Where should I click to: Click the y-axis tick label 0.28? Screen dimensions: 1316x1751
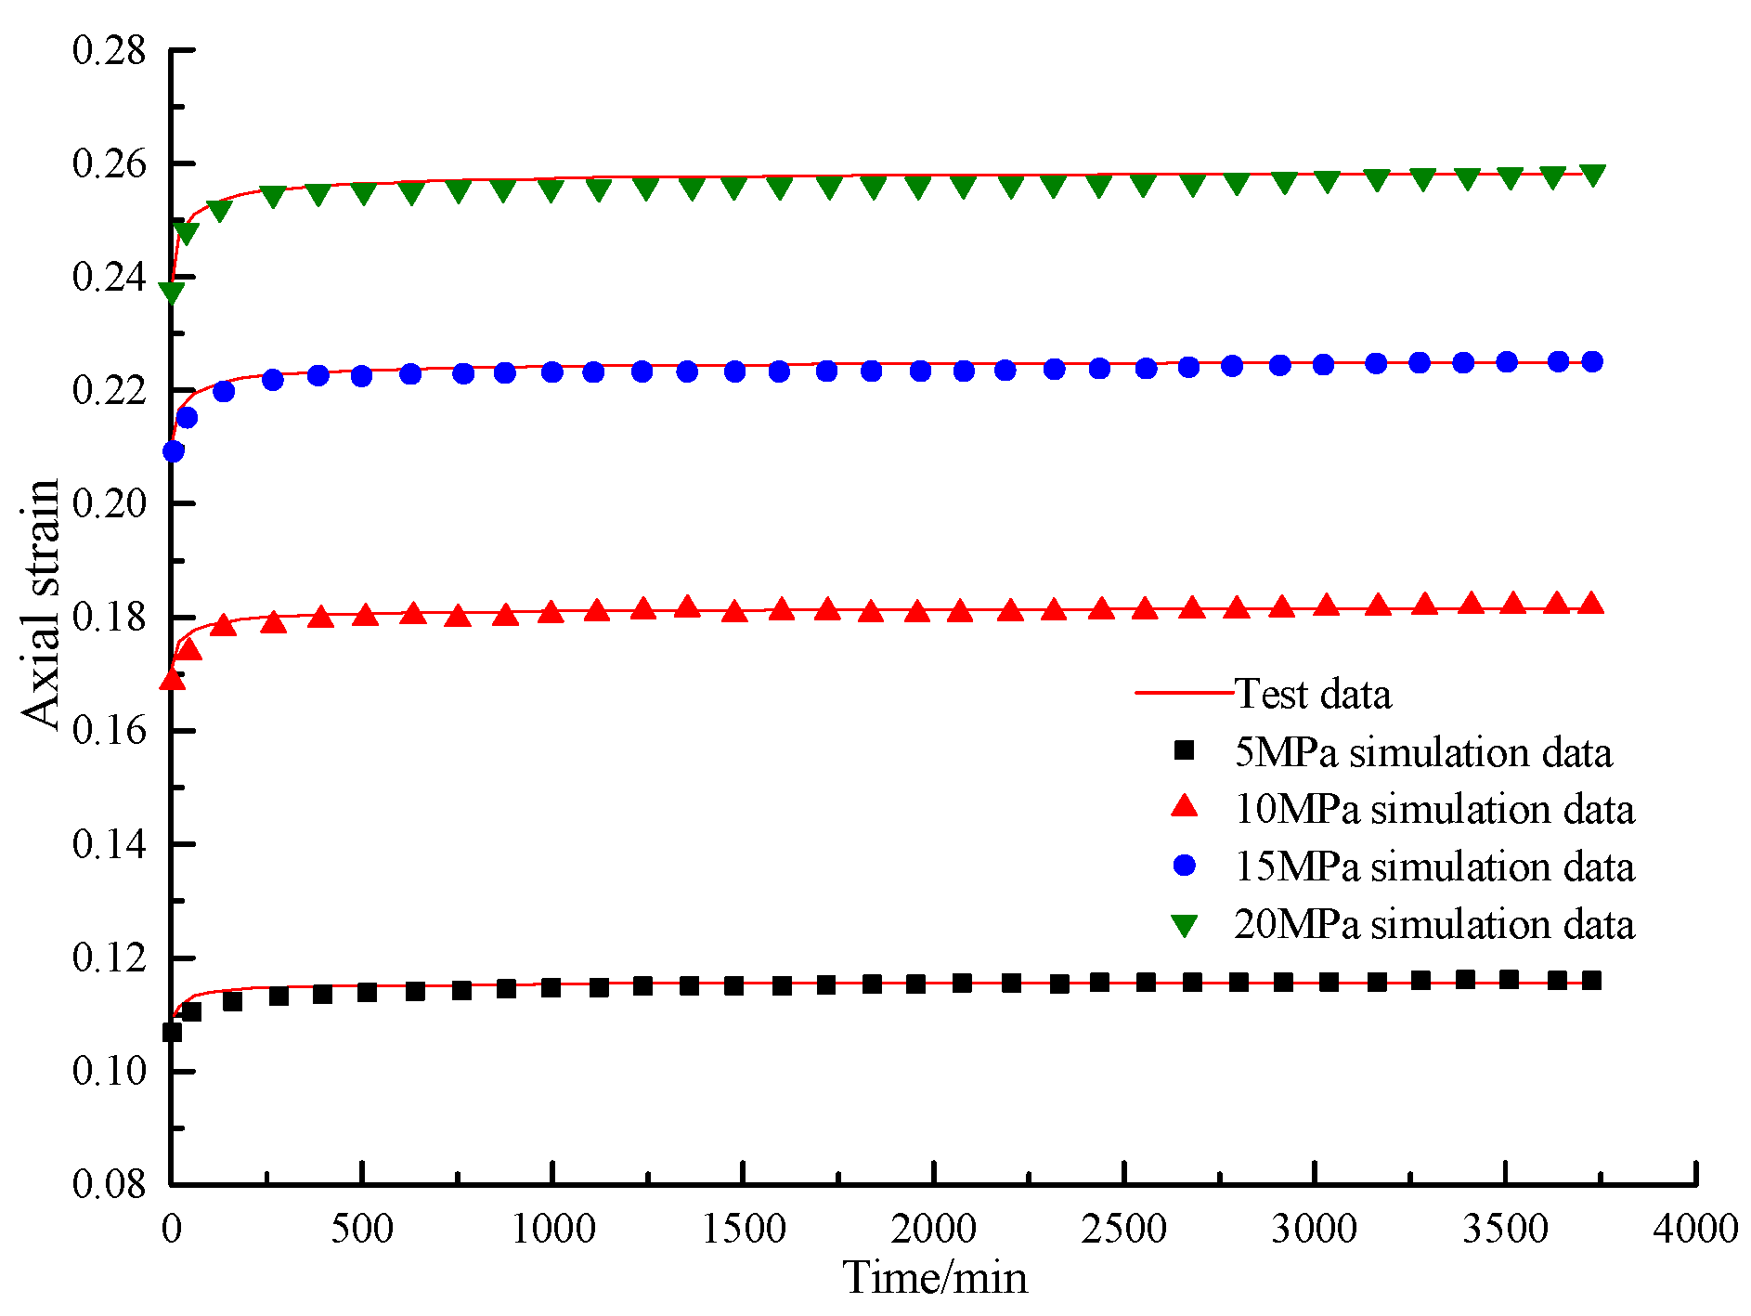click(110, 50)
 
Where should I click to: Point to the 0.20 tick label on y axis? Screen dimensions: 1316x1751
click(110, 503)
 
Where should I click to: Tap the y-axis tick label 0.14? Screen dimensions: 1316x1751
click(110, 844)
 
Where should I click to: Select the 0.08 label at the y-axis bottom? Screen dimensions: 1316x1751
click(110, 1183)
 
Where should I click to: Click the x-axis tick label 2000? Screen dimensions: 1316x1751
click(933, 1229)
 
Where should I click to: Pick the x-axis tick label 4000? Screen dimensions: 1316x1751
click(1694, 1229)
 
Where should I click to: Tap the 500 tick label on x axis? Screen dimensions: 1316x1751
click(361, 1229)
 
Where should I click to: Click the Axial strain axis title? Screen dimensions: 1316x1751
click(41, 604)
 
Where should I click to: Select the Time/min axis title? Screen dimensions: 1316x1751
click(934, 1278)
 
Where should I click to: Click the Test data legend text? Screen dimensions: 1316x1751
click(1313, 694)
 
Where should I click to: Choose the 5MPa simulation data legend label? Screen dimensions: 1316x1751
click(1422, 751)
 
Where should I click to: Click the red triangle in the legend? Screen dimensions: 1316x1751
click(1185, 806)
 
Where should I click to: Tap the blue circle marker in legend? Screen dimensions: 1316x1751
click(1185, 866)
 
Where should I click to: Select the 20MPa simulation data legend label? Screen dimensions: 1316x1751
click(1433, 924)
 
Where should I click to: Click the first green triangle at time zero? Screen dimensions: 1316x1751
click(172, 293)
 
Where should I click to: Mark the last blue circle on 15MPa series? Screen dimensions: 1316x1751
click(1591, 361)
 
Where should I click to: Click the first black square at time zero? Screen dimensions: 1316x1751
click(172, 1032)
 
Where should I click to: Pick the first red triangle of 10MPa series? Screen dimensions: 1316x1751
click(172, 681)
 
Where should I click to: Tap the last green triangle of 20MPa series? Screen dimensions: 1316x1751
click(1592, 175)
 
